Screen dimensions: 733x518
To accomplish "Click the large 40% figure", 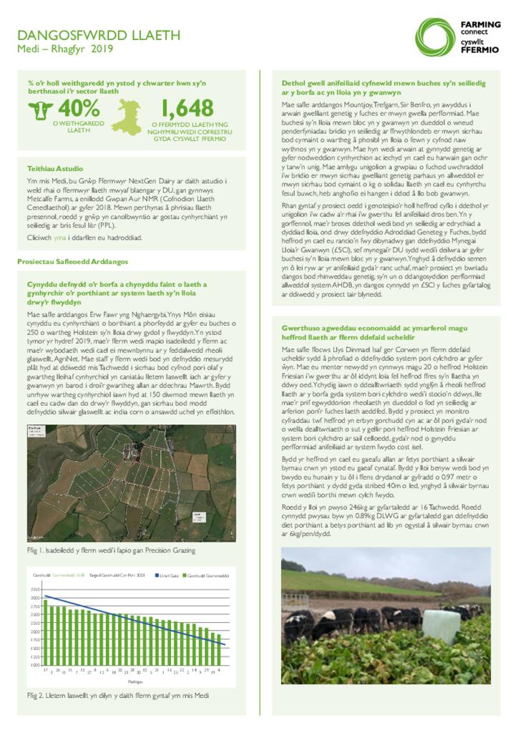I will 79,108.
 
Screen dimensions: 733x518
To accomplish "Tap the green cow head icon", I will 41,110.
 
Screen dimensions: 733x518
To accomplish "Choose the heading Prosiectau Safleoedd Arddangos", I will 72,262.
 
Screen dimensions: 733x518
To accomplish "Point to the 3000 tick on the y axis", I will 35,598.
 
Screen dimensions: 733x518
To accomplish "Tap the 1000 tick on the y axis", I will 35,665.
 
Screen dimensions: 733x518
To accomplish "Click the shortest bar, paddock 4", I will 218,649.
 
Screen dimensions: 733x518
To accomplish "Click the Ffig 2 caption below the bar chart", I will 118,694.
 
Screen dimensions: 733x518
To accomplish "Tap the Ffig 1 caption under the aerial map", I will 111,550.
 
